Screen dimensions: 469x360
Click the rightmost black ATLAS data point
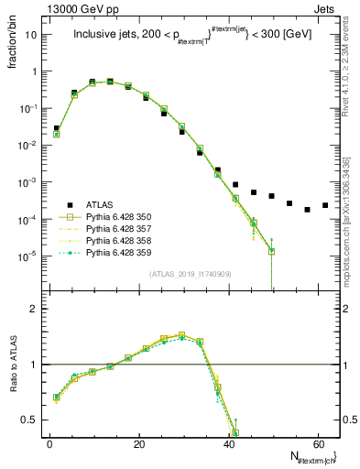point(325,205)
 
